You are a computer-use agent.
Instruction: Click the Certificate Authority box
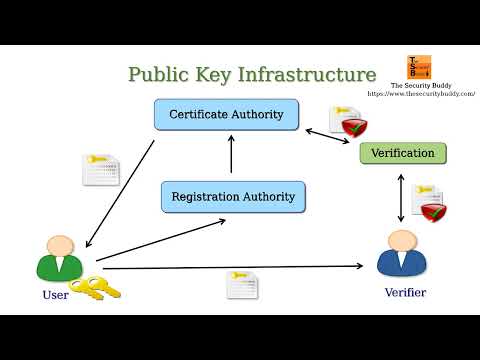tap(226, 114)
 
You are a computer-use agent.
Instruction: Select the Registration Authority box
tap(233, 196)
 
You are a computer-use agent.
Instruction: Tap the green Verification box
tap(403, 153)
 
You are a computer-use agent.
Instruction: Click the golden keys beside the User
tap(96, 289)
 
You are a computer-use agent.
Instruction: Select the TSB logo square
tap(418, 68)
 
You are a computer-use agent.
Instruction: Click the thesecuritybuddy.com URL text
tap(421, 94)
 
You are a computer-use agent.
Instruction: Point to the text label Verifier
tap(405, 293)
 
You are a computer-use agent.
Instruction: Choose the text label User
tap(55, 295)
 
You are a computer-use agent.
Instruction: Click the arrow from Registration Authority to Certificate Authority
tap(231, 155)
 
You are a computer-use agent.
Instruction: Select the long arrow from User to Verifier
tap(230, 267)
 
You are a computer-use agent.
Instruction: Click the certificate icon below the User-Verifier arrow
tap(241, 284)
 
